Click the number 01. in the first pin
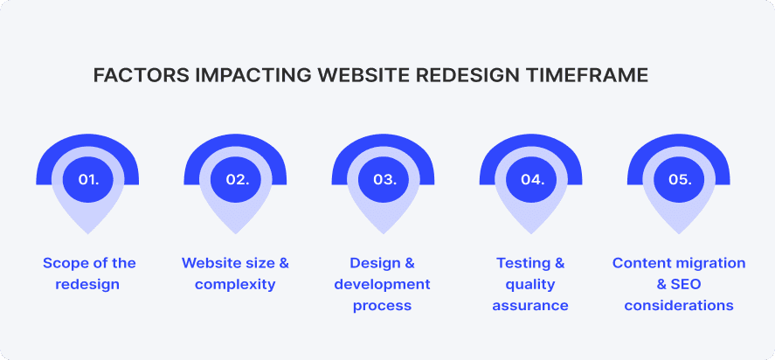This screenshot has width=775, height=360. coord(88,179)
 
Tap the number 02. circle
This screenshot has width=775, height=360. coord(237,179)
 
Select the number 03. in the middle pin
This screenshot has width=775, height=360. coord(384,179)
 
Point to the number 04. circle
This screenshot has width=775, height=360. coord(532,179)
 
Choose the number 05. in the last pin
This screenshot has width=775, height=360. coord(680,179)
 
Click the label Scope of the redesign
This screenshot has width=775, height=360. coord(89,273)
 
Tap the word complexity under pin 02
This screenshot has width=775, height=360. coord(235,285)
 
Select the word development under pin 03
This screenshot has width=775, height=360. coord(382,285)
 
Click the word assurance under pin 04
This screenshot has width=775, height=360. coord(530,306)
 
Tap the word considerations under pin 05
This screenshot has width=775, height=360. coord(679,306)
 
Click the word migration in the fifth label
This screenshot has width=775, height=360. coord(709,263)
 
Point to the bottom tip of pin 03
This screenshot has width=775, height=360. coord(384,232)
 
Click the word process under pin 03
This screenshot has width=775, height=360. coord(382,306)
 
